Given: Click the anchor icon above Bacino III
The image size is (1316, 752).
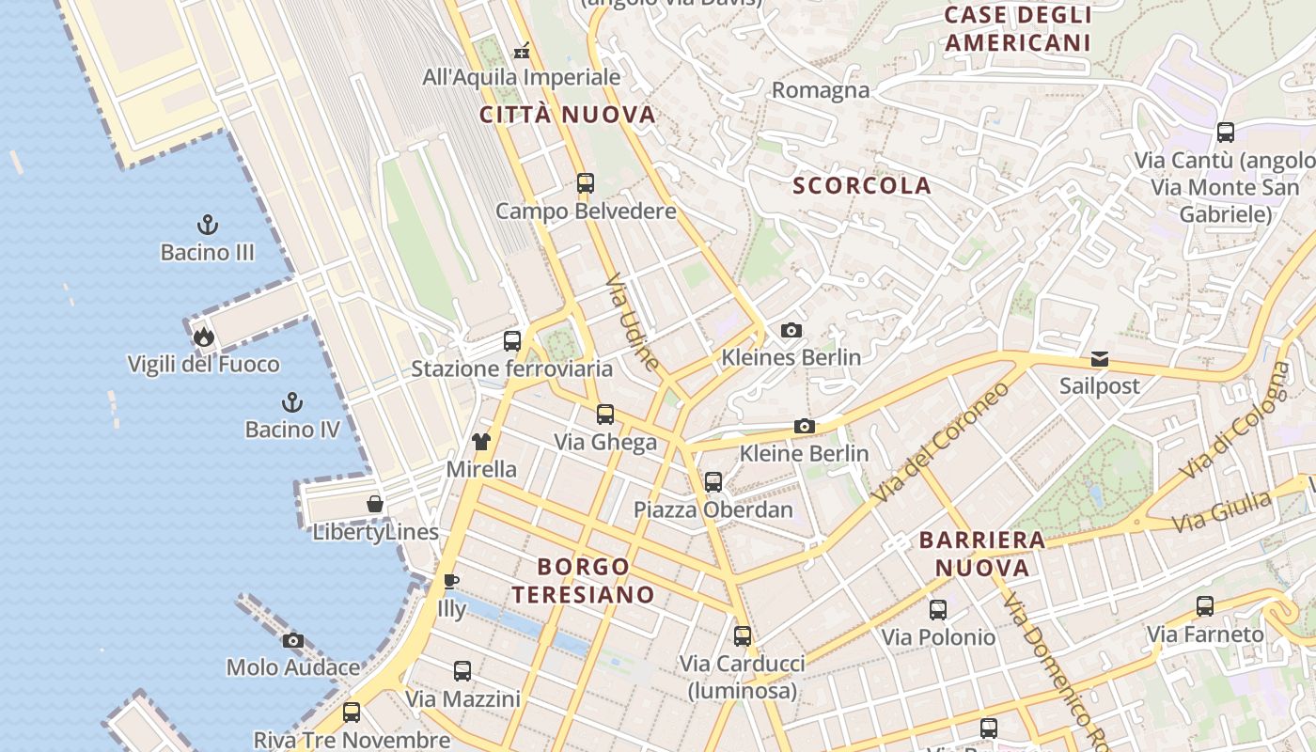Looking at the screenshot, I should tap(207, 225).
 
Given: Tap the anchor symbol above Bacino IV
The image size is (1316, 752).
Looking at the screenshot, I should tap(292, 402).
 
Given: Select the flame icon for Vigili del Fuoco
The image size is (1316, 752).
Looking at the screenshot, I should tap(203, 337).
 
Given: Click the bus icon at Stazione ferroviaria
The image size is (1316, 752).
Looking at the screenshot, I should tap(512, 341).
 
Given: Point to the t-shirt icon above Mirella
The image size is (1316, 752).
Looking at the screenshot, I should tap(481, 442).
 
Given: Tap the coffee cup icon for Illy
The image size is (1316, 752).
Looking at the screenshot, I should tap(451, 581).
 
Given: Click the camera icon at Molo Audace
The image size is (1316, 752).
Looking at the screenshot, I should tap(293, 640).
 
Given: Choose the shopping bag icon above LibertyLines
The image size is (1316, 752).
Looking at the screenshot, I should tap(375, 505).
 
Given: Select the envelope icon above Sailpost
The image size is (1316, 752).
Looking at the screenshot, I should tap(1100, 359).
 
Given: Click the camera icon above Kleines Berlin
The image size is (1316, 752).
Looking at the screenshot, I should tap(791, 330).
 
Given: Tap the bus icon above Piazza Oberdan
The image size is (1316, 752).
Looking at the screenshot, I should tap(713, 482).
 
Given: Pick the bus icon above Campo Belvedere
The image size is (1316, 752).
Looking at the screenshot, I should tap(586, 183).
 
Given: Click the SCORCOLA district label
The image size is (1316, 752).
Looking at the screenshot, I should tap(862, 186).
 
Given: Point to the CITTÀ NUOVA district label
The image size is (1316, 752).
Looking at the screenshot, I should tap(567, 116).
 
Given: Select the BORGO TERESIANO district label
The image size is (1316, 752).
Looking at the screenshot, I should tap(583, 580).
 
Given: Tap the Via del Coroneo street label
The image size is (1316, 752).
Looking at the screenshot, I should tap(940, 440).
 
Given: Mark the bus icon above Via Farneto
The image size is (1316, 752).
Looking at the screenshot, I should tap(1205, 606).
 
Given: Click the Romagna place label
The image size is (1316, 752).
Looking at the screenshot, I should tap(821, 90).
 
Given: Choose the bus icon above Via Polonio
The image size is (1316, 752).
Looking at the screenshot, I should tap(938, 610).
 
